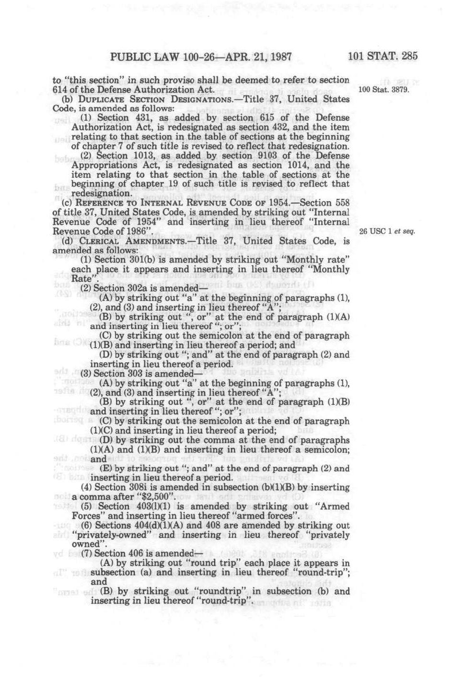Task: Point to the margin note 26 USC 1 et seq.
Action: tap(387, 231)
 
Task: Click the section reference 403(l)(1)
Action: tap(152, 506)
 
